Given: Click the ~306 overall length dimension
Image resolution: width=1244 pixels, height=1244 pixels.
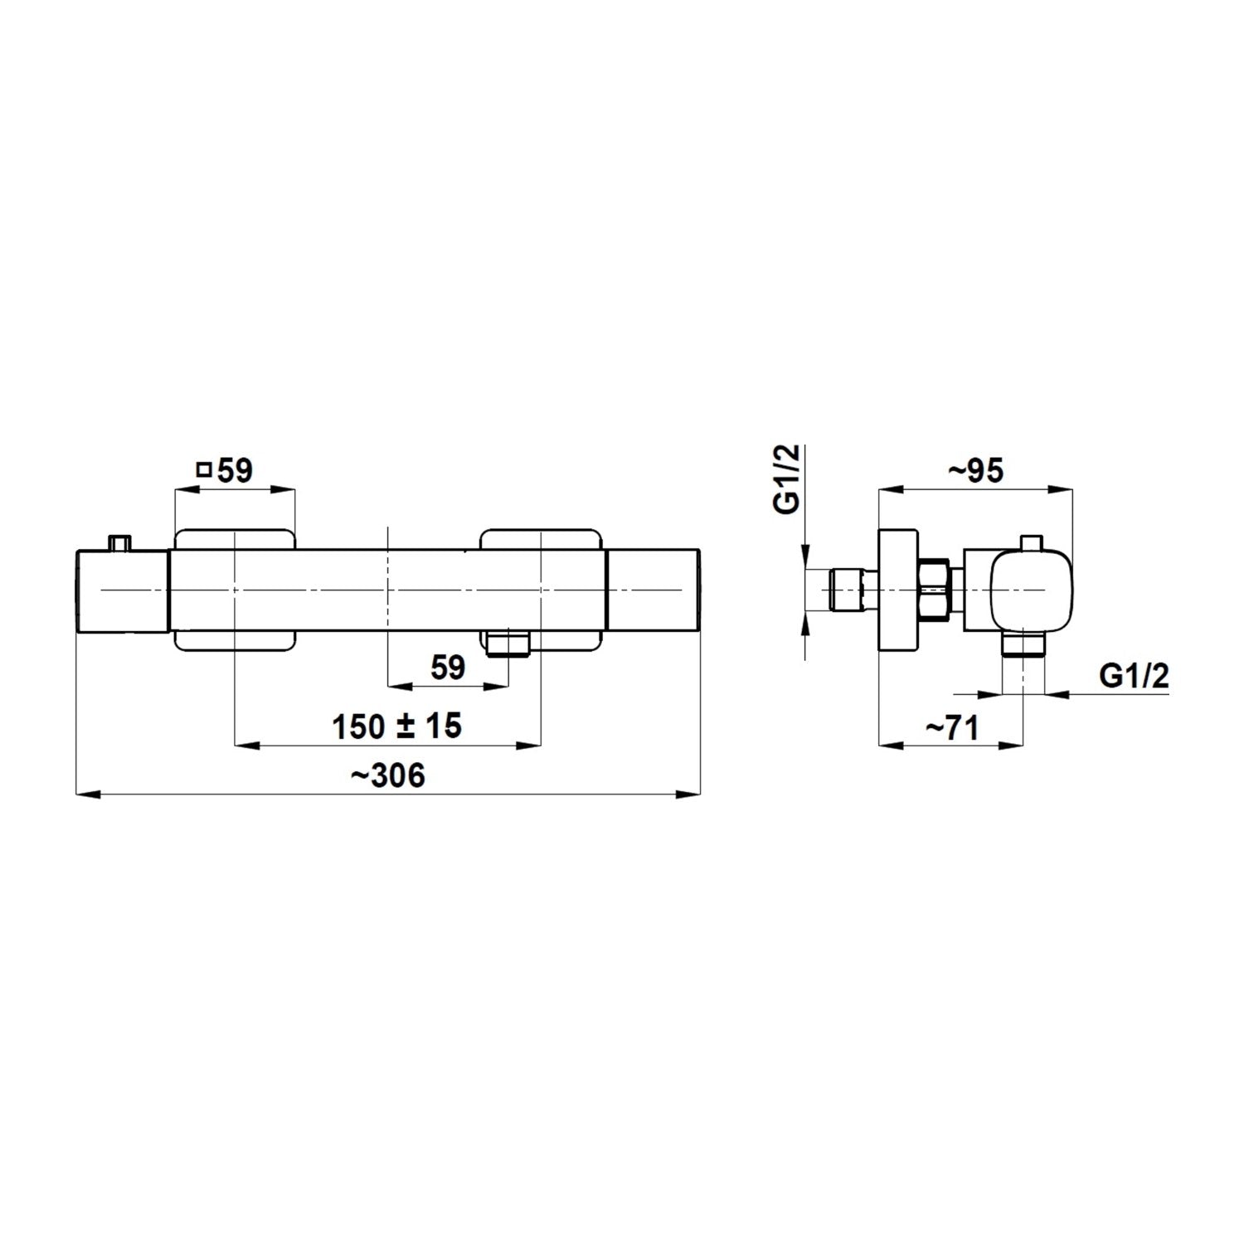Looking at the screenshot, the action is pos(387,776).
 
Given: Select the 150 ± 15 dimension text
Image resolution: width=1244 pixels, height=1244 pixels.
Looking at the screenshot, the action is pos(396,726).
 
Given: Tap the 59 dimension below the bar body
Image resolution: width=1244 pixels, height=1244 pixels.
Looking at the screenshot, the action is pos(449,668).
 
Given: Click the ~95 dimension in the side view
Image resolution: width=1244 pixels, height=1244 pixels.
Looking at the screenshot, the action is pos(976,471).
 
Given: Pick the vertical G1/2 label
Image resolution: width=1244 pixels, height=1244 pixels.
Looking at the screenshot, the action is pos(790,479).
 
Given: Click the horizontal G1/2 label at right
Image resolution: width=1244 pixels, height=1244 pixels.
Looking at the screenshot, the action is pos(1134,677).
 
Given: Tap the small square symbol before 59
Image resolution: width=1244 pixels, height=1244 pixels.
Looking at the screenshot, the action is pos(202,470).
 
